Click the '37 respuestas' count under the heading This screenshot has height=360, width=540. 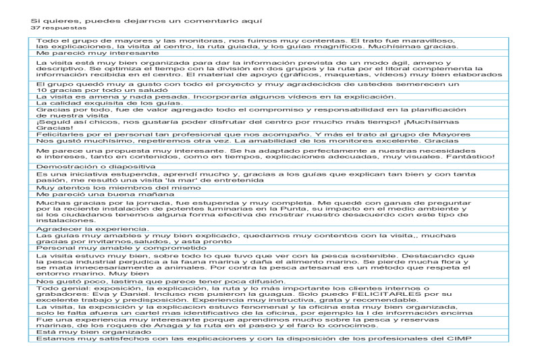59,29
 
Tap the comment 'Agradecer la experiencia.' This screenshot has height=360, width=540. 87,228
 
